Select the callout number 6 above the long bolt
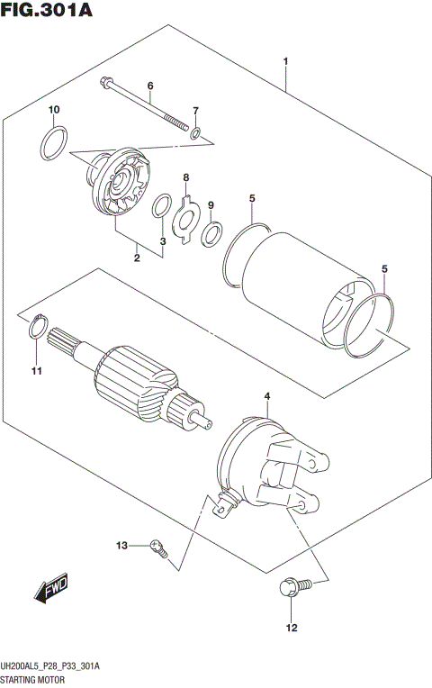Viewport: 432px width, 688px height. [x=150, y=86]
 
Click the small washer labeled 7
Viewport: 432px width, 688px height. [x=194, y=134]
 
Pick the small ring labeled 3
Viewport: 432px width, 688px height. [x=160, y=206]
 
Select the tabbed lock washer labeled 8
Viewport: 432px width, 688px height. [x=186, y=213]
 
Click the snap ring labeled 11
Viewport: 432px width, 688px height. [x=35, y=328]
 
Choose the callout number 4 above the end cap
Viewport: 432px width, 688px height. [x=266, y=396]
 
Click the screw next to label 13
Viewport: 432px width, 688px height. [x=158, y=547]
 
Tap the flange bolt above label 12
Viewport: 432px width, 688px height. [x=290, y=587]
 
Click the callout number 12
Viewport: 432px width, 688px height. [x=291, y=628]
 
